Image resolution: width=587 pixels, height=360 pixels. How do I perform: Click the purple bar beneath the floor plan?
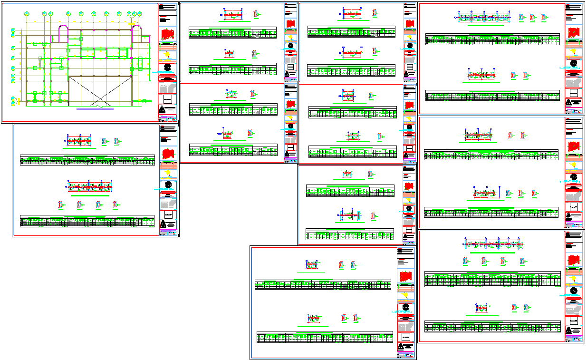[95, 109]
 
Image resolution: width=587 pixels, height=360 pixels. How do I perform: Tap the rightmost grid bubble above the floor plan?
[140, 14]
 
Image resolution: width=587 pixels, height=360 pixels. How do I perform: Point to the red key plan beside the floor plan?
[167, 35]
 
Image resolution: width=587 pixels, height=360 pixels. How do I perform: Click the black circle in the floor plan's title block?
[167, 68]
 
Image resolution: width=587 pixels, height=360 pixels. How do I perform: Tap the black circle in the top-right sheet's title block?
[574, 63]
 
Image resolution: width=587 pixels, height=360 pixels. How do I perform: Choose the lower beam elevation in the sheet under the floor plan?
[89, 186]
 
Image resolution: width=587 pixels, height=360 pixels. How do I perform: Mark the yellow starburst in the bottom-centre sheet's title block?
[406, 296]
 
